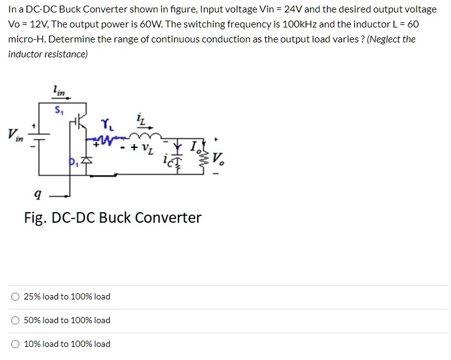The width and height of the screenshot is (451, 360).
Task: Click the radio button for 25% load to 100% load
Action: (x=15, y=296)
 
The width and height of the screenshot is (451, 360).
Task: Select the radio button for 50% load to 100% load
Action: (x=15, y=320)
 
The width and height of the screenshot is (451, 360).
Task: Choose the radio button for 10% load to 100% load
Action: (x=15, y=344)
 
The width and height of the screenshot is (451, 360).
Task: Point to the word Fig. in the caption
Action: (x=35, y=218)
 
